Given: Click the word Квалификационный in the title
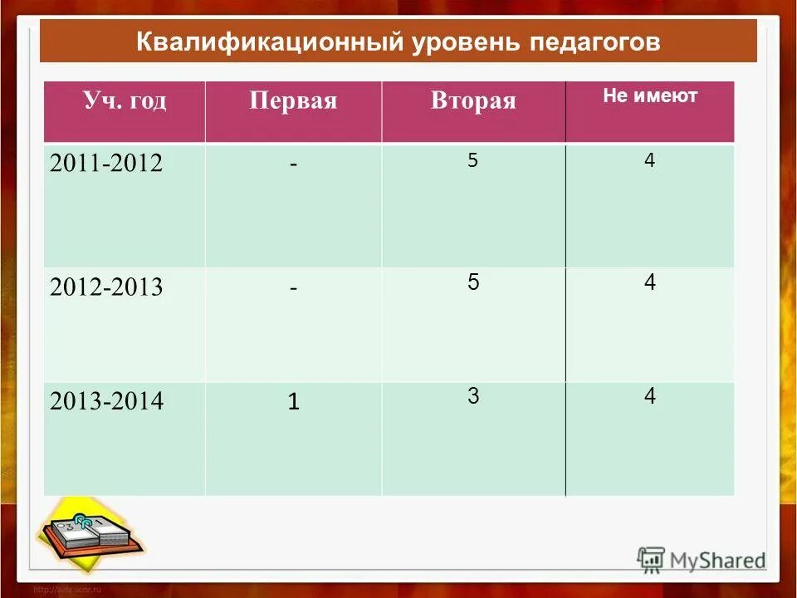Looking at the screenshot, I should (x=269, y=42).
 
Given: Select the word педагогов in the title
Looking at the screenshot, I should (x=594, y=42).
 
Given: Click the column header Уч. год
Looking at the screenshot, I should (x=125, y=101).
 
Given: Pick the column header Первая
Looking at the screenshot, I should (x=293, y=101).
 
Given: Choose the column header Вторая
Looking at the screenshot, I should (x=473, y=101).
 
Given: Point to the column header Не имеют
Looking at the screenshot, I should (x=650, y=96).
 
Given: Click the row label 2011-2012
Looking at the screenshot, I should (x=106, y=164).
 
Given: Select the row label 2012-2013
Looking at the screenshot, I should (x=106, y=288).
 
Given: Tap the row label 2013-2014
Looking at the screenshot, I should (x=106, y=403).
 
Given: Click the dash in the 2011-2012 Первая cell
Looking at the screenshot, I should (x=294, y=164).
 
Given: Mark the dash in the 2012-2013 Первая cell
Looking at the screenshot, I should (x=294, y=288).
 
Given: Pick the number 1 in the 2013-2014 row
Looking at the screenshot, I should (x=293, y=403).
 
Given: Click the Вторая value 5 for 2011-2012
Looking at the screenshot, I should (x=472, y=161).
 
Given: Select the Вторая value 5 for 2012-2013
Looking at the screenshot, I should (x=472, y=282).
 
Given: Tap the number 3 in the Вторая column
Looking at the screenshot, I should (x=472, y=397).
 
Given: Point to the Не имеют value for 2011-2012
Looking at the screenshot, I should (x=649, y=161).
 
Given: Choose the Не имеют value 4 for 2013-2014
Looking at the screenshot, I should (x=649, y=397).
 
